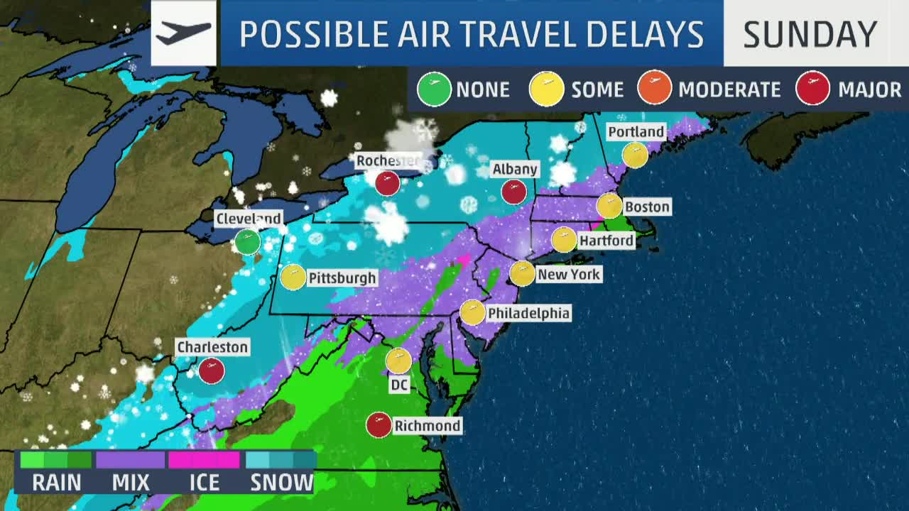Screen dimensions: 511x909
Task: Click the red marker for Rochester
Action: coord(387,183)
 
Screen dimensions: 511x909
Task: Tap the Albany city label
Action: coord(515,169)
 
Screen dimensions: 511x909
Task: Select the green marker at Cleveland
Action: coord(248,242)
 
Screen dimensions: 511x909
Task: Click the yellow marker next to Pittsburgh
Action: coord(293,278)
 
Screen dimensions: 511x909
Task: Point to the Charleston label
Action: coord(212,347)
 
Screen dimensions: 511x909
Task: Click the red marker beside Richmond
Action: coord(379,425)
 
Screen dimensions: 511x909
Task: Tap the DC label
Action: coord(399,385)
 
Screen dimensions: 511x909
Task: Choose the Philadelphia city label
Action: coord(528,313)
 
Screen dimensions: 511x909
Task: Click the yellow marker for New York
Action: coord(522,273)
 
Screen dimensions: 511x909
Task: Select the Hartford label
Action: coord(606,241)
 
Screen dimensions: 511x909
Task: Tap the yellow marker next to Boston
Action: coord(609,206)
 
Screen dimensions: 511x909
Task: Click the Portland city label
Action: coord(636,132)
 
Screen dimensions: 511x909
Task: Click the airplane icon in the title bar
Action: coord(183,33)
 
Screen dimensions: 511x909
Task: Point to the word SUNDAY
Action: coord(810,34)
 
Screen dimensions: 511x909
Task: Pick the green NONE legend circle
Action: coord(434,89)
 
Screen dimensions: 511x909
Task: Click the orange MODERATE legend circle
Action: coord(654,89)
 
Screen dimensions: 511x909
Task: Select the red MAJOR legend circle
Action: coord(813,89)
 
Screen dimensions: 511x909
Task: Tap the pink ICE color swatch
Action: coord(204,460)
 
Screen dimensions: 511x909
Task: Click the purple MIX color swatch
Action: coord(131,460)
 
